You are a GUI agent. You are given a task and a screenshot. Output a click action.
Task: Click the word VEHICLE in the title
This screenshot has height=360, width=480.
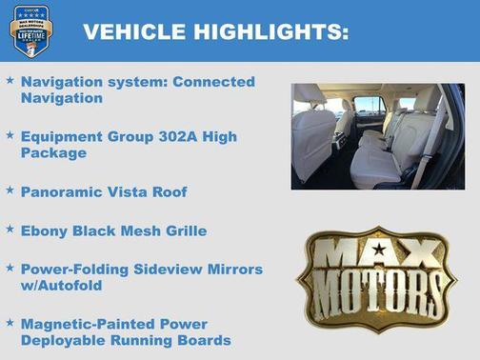point(133,31)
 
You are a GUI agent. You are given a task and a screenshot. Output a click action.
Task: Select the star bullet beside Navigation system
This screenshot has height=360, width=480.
point(10,82)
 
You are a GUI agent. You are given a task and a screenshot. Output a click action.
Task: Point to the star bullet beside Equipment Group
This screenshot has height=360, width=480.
point(10,136)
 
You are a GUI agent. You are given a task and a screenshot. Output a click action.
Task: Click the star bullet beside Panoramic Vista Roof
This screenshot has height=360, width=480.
point(10,190)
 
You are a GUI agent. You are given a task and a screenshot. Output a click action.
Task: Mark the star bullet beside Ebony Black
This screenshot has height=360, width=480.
point(10,230)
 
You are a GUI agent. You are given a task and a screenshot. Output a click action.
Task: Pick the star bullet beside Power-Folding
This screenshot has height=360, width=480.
point(10,269)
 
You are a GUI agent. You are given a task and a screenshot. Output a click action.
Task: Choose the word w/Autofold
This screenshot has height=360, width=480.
point(63,286)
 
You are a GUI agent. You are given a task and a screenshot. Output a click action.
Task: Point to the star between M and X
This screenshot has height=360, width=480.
point(379,250)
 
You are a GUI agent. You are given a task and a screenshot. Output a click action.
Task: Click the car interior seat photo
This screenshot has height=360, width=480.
point(379,135)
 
